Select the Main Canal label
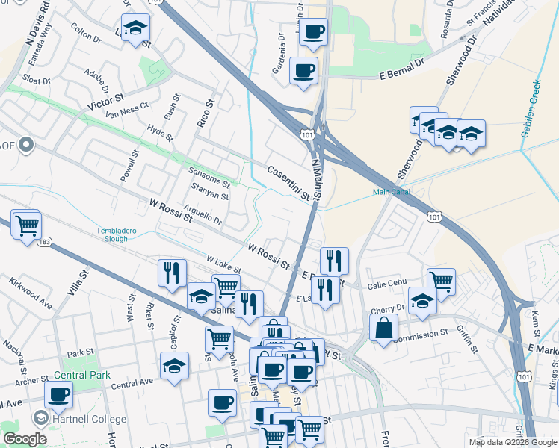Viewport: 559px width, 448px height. [392, 192]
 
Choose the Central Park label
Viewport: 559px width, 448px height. [81, 375]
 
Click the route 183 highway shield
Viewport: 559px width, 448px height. [45, 241]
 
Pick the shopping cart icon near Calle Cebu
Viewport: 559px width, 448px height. [441, 281]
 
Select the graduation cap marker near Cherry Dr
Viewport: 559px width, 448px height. [423, 300]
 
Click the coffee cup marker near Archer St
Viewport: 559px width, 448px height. [59, 394]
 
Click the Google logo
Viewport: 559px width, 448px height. [24, 438]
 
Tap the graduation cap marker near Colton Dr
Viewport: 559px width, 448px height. [135, 28]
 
